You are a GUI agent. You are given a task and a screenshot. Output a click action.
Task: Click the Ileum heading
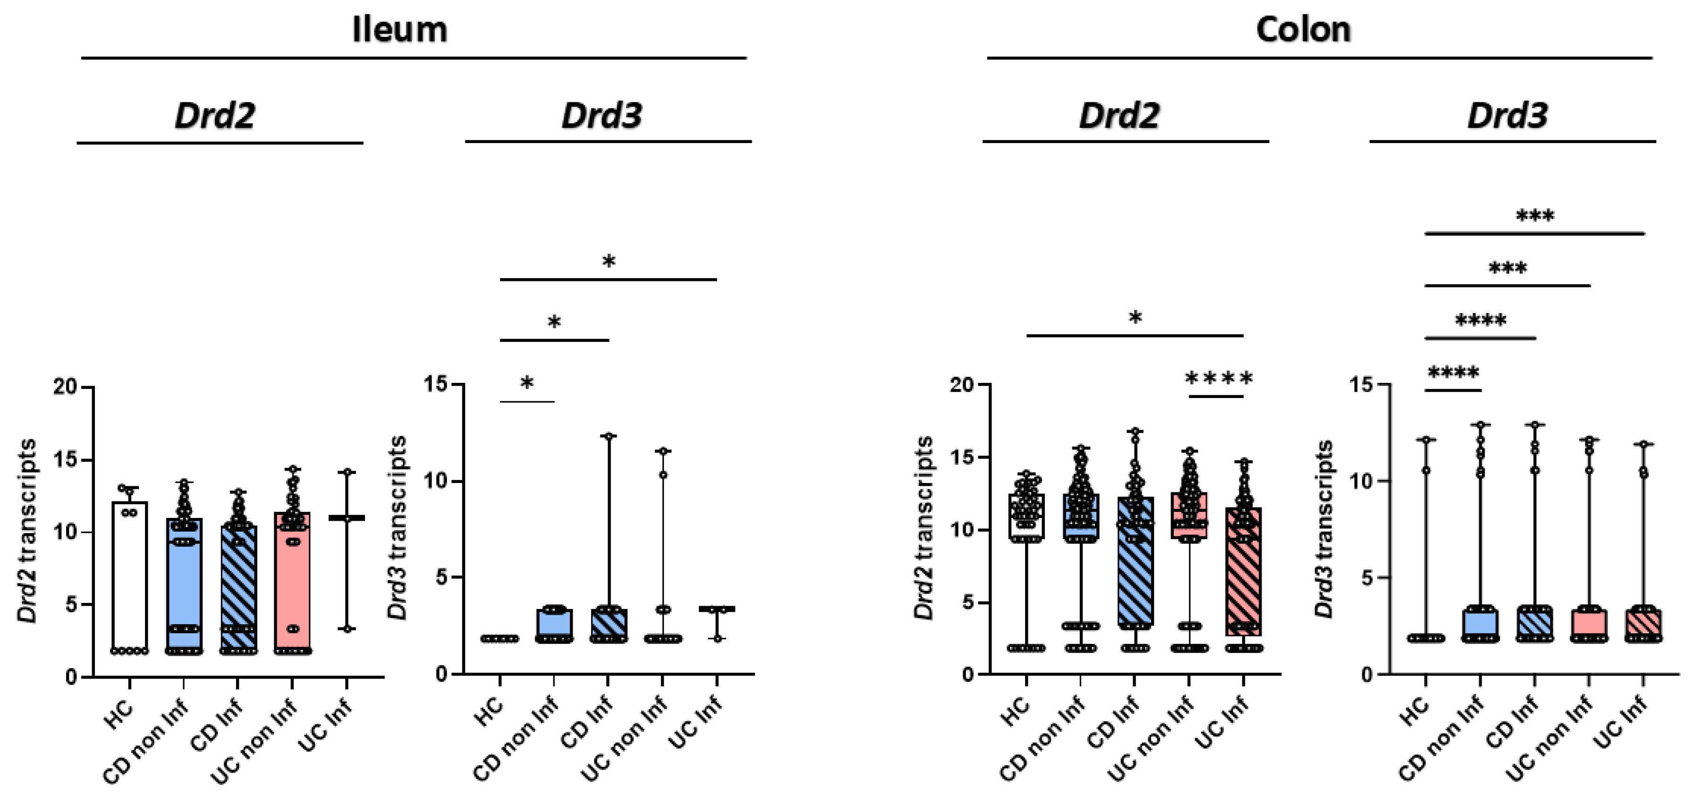(x=399, y=30)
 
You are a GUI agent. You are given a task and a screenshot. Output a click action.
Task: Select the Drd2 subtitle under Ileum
(x=215, y=116)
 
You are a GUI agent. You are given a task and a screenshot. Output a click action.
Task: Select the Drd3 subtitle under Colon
(x=1507, y=116)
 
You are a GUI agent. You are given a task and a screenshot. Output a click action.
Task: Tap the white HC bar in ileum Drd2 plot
(x=130, y=579)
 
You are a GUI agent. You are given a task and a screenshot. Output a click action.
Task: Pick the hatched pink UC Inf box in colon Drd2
(x=1244, y=573)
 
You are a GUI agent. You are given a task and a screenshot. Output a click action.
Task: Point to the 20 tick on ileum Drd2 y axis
(x=66, y=387)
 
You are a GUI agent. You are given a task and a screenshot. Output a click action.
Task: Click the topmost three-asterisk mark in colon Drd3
(x=1535, y=216)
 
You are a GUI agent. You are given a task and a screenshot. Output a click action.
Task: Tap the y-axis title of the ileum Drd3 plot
(x=397, y=527)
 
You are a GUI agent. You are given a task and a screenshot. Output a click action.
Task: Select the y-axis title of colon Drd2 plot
(x=924, y=527)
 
